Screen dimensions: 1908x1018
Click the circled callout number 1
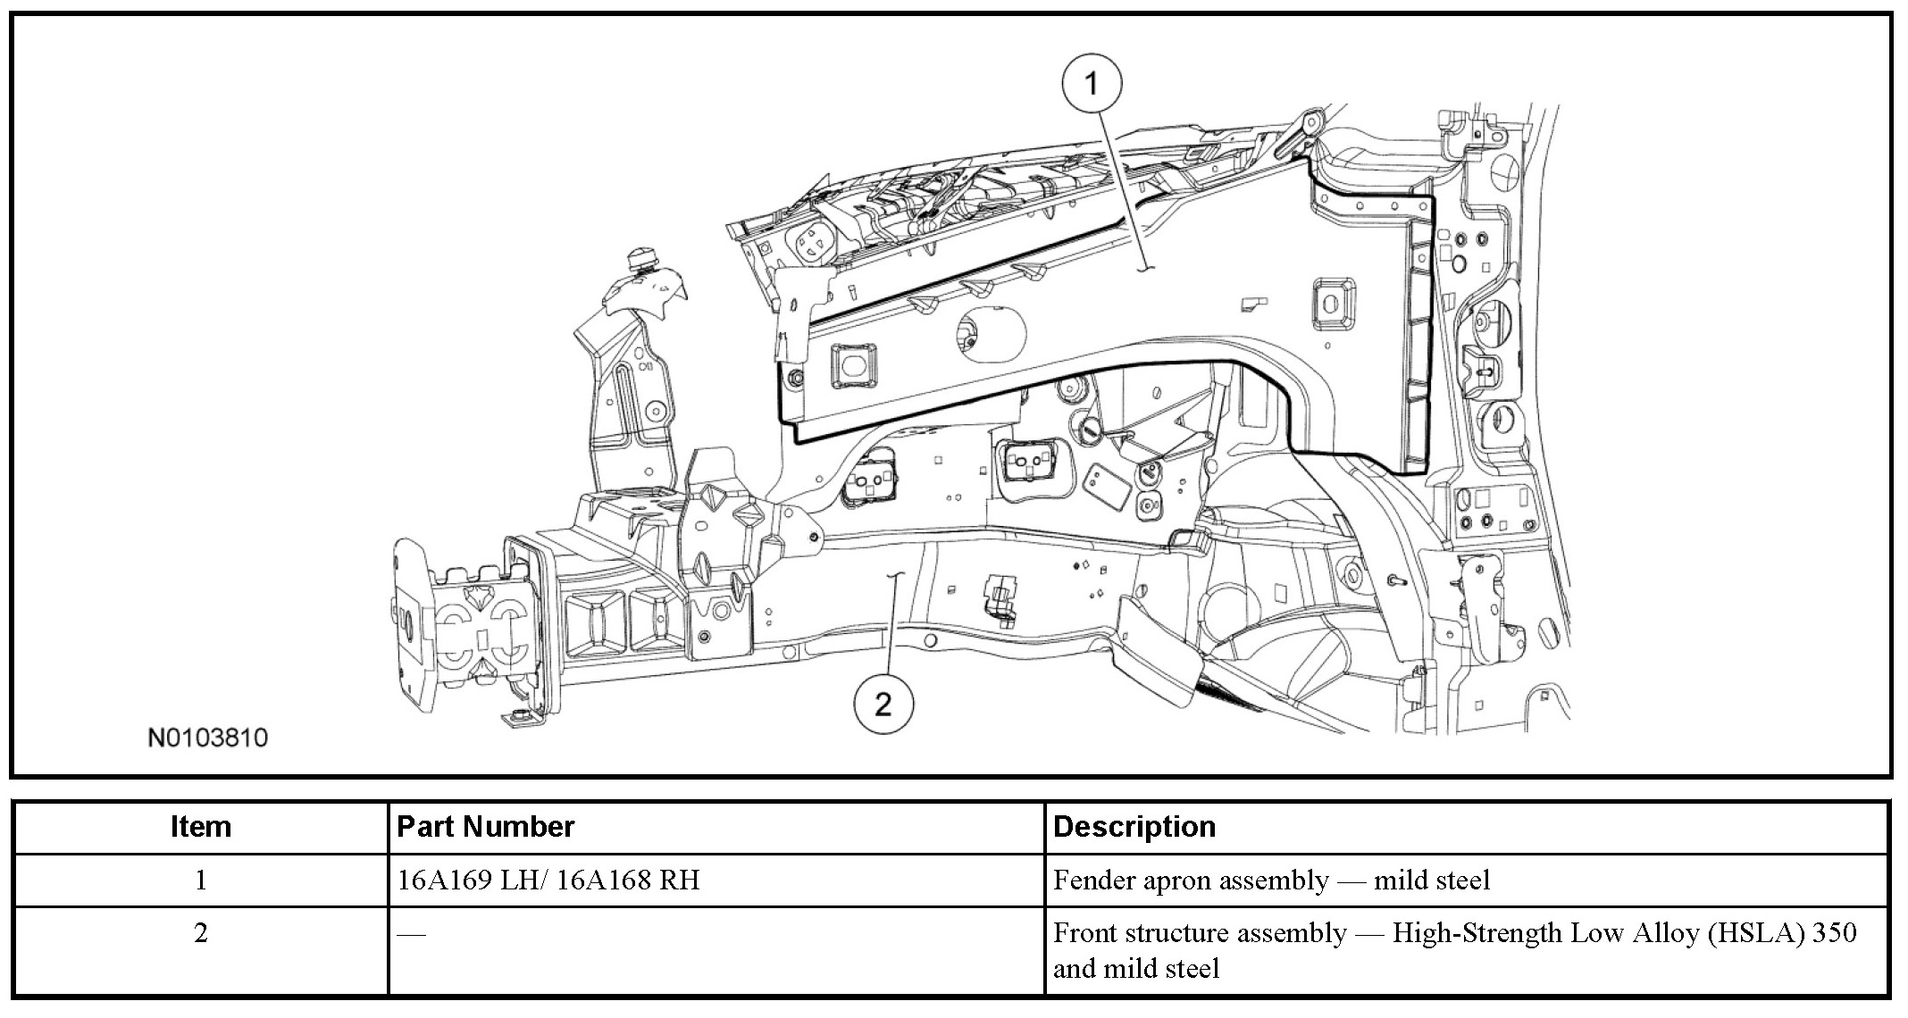coord(1091,85)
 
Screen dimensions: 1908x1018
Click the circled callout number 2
coord(883,705)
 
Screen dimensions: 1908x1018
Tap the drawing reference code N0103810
coord(207,738)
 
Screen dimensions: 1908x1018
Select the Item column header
coord(201,827)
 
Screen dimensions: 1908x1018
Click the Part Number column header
coord(485,827)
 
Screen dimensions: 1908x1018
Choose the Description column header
coord(1134,827)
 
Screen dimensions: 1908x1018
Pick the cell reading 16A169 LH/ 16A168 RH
coord(548,880)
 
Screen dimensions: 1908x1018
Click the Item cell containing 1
coord(201,880)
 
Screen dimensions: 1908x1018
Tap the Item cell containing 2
coord(201,933)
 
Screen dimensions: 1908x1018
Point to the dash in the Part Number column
coord(411,935)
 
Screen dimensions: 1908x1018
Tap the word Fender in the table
coord(1100,880)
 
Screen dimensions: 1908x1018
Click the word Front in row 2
coord(1084,933)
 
